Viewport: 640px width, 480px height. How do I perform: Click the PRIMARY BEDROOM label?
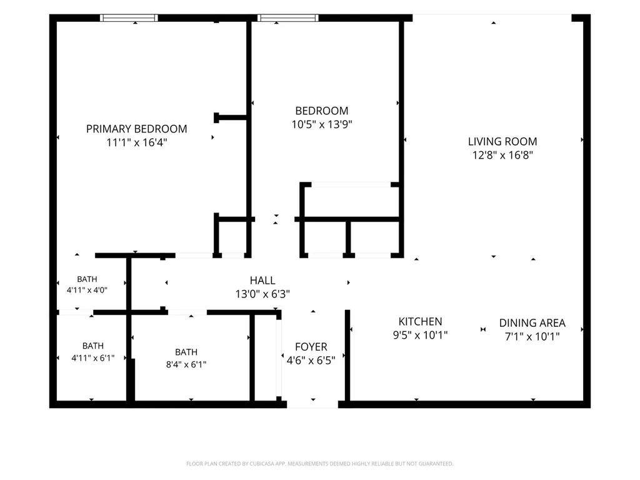136,129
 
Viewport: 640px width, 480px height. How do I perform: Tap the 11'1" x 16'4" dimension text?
137,142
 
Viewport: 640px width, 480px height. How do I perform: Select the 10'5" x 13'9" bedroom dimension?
322,124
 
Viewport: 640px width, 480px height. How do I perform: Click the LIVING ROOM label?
502,142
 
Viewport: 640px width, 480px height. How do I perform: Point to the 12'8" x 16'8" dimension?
502,155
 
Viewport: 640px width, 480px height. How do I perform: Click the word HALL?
262,281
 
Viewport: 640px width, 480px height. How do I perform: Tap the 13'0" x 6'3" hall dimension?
262,294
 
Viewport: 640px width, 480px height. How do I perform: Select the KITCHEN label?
421,322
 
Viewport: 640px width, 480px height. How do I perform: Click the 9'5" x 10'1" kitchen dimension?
421,335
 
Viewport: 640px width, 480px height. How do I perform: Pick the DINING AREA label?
532,323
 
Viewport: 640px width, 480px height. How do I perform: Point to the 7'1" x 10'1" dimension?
532,337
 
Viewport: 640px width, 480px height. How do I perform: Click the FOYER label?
311,347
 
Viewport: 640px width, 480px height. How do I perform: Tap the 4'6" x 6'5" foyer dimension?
311,361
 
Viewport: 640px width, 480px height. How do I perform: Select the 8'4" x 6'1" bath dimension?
186,364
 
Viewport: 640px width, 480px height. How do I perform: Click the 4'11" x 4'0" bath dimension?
87,290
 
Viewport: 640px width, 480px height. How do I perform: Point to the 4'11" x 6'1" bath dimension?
93,358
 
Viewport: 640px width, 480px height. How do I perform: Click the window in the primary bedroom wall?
129,17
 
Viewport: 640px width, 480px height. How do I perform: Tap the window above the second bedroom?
287,17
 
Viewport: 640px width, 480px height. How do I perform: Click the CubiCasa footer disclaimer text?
319,464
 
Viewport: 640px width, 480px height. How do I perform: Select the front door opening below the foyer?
312,404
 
